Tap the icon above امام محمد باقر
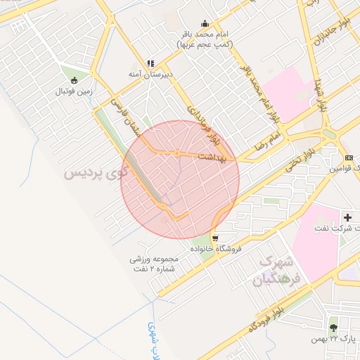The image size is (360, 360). click(x=205, y=23)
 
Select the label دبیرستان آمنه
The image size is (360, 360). click(x=150, y=73)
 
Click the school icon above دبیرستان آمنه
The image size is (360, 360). click(x=150, y=63)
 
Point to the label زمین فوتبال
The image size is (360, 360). click(x=75, y=91)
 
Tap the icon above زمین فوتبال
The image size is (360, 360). click(x=75, y=79)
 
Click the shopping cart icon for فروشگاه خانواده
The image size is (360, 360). click(x=214, y=238)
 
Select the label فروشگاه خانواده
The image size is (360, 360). click(x=216, y=249)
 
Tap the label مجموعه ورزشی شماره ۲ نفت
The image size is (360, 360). click(x=154, y=264)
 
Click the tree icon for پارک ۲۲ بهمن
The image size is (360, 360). click(x=333, y=327)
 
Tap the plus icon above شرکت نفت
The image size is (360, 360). click(x=347, y=217)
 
